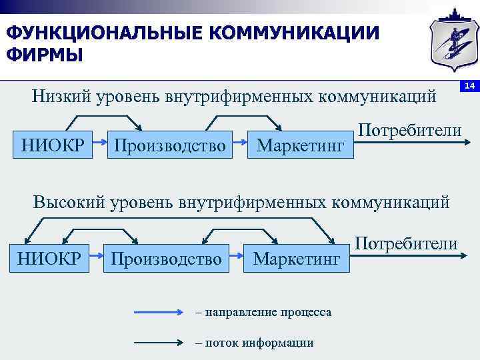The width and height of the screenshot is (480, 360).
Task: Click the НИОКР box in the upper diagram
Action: (x=52, y=143)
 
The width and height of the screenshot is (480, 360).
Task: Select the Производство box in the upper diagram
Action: (x=170, y=143)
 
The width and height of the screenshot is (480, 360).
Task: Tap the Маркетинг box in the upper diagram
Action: (x=300, y=143)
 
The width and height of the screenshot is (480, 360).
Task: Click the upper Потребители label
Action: (x=409, y=129)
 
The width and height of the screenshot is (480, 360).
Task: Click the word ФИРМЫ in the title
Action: (x=45, y=54)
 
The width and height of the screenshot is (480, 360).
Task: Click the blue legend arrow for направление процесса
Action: (x=158, y=312)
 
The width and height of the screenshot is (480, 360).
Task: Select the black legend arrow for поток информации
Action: (x=158, y=342)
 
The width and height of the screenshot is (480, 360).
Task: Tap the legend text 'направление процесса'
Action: (x=268, y=312)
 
